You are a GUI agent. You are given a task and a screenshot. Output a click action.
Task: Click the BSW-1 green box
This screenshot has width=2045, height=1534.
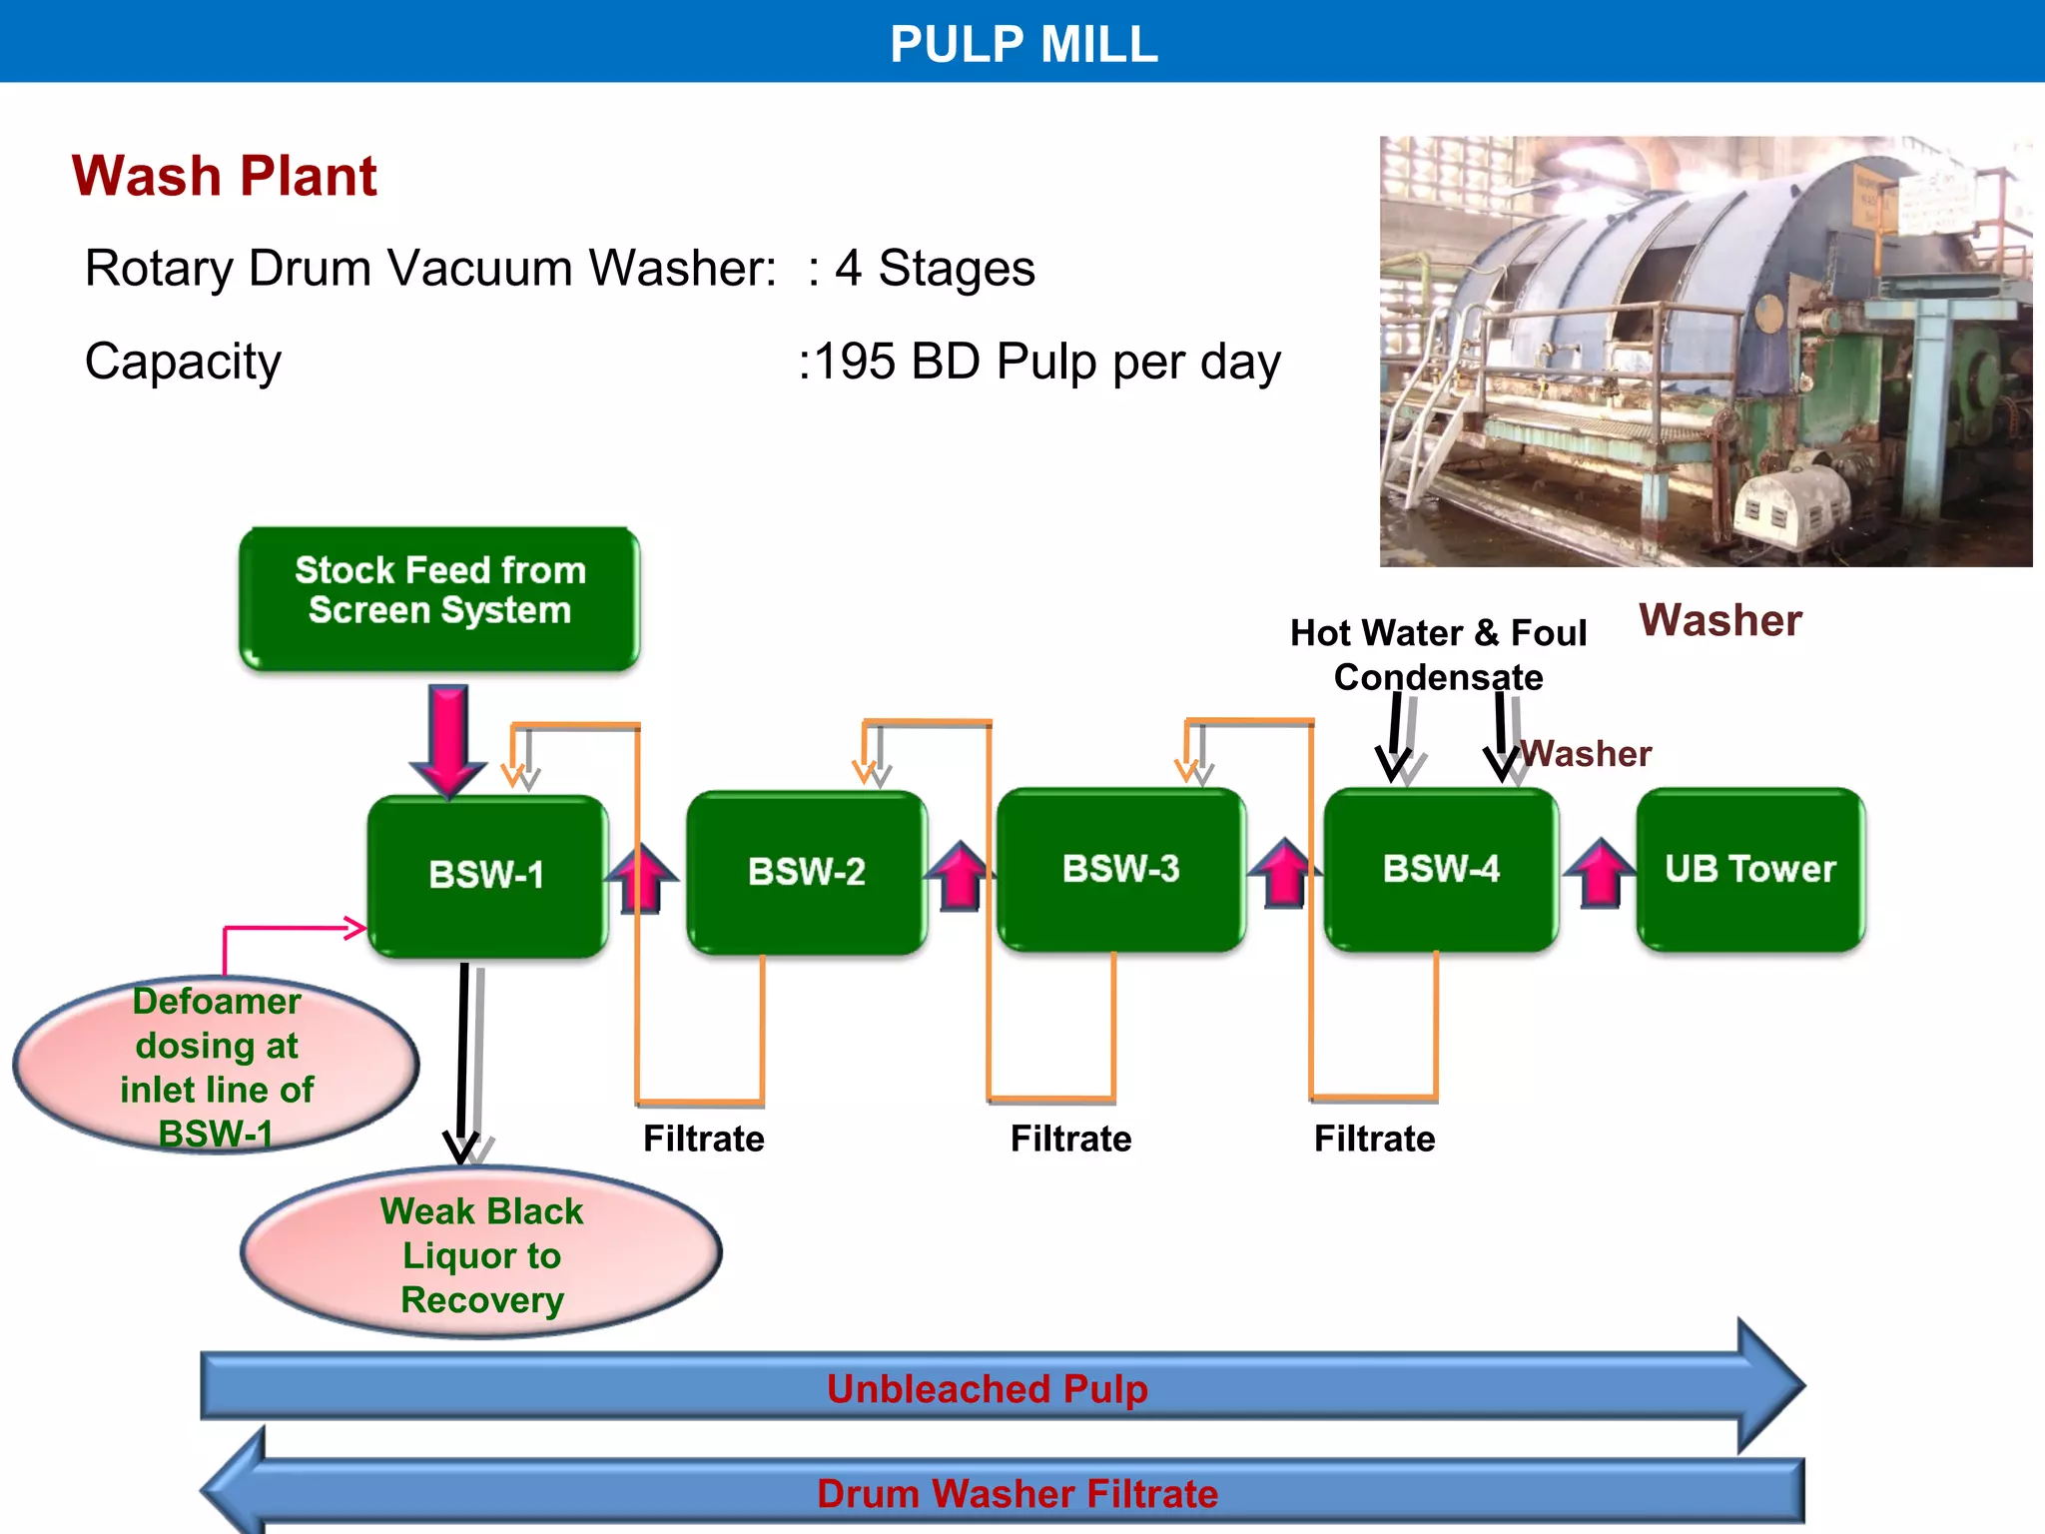[x=487, y=875]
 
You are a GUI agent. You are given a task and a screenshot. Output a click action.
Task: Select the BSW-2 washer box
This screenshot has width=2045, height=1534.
[x=807, y=872]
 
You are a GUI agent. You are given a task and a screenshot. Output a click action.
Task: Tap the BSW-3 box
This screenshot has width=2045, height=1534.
[x=1120, y=869]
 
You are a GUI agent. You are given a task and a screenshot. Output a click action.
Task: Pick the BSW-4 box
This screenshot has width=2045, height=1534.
[x=1441, y=869]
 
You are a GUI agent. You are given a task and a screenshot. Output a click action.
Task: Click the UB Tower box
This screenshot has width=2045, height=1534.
[x=1750, y=869]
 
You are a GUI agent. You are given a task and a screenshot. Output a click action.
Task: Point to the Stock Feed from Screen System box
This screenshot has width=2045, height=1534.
[x=439, y=597]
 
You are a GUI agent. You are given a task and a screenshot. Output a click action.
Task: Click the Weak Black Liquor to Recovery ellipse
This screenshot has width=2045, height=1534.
[x=481, y=1254]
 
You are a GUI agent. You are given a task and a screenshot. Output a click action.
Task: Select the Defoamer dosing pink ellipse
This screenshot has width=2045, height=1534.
[x=216, y=1066]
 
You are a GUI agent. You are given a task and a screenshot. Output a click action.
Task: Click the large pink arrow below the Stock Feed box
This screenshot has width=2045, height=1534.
[x=448, y=739]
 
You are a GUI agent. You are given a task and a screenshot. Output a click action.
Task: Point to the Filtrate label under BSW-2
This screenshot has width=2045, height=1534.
[x=703, y=1139]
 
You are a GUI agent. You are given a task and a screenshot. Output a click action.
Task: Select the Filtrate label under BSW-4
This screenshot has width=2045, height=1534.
[x=1374, y=1139]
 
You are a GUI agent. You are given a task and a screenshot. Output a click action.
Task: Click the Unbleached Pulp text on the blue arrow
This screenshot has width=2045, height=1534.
[x=987, y=1388]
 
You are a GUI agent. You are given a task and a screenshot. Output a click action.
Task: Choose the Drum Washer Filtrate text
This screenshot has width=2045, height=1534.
[x=1017, y=1494]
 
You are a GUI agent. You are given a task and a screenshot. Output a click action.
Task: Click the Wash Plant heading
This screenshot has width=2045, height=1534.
[x=225, y=177]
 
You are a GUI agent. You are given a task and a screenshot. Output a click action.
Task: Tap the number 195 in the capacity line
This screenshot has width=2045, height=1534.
[x=855, y=362]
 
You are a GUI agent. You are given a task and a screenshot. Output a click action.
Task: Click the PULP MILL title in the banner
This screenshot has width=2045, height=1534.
[x=1022, y=44]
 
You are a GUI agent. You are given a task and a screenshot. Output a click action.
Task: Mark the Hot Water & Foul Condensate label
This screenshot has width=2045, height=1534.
[x=1438, y=654]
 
